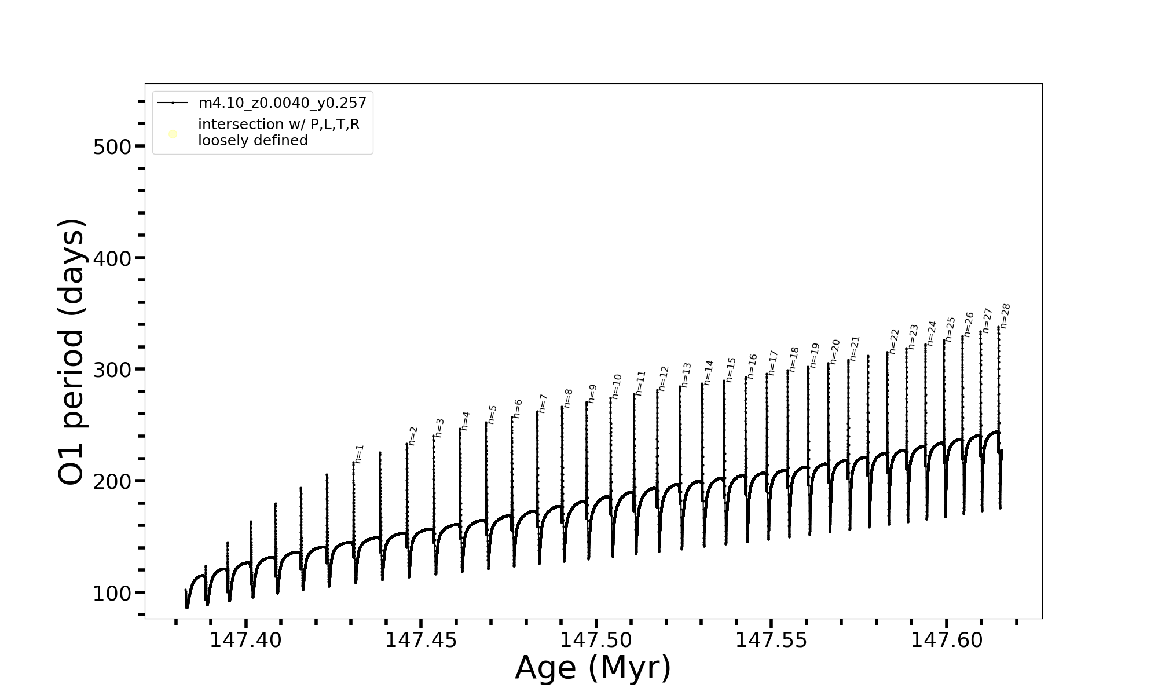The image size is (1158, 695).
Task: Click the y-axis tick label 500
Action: pyautogui.click(x=112, y=147)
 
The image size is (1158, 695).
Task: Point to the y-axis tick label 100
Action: pyautogui.click(x=112, y=594)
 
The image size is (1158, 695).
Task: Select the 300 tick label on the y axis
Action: pyautogui.click(x=112, y=370)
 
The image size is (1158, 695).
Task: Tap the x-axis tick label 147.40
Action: pyautogui.click(x=245, y=640)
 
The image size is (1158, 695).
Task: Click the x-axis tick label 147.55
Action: pyautogui.click(x=771, y=640)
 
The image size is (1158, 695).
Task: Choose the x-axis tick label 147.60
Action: pyautogui.click(x=947, y=640)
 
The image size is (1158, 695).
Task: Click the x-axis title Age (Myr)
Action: pyautogui.click(x=593, y=668)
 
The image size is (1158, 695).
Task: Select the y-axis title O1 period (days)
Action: pyautogui.click(x=73, y=352)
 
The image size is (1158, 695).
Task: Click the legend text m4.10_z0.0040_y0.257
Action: pyautogui.click(x=283, y=103)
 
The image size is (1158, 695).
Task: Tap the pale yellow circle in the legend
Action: pyautogui.click(x=173, y=134)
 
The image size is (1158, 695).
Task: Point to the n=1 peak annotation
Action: pyautogui.click(x=359, y=454)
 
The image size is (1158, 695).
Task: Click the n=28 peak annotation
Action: pyautogui.click(x=1005, y=316)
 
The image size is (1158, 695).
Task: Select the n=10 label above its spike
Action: pyautogui.click(x=616, y=386)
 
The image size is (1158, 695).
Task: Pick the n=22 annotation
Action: pyautogui.click(x=894, y=341)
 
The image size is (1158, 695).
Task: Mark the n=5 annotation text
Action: pyautogui.click(x=492, y=414)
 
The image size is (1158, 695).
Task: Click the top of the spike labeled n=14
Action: pyautogui.click(x=702, y=383)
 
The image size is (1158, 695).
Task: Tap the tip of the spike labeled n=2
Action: pyautogui.click(x=407, y=444)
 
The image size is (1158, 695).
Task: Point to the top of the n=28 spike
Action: pyautogui.click(x=998, y=327)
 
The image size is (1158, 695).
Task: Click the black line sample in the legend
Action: pyautogui.click(x=173, y=103)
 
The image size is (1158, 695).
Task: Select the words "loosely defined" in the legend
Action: pyautogui.click(x=253, y=141)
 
